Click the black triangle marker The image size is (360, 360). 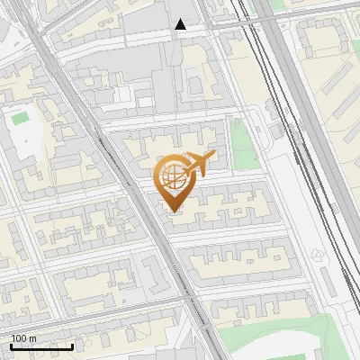point(181,24)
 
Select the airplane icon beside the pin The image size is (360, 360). point(200,165)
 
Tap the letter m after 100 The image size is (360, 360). point(33,338)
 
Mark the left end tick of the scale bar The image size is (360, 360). point(10,346)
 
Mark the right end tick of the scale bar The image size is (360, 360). point(73,346)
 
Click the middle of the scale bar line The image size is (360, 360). point(41,347)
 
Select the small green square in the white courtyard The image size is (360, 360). point(19,118)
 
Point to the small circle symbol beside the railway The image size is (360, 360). point(317,256)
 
